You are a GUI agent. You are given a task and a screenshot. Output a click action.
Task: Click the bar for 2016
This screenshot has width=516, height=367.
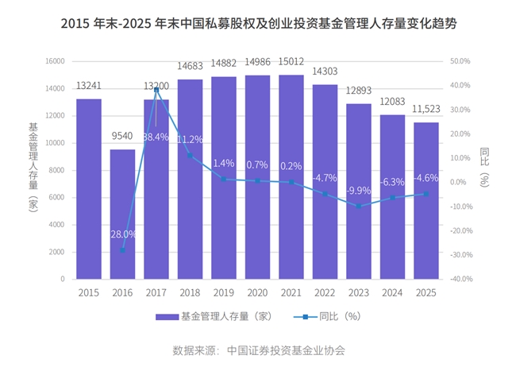122,214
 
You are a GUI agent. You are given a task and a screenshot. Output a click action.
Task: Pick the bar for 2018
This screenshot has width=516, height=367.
190,179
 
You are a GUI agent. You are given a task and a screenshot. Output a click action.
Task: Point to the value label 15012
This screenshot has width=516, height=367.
291,62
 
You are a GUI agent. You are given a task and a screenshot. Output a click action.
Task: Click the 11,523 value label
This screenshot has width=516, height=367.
426,110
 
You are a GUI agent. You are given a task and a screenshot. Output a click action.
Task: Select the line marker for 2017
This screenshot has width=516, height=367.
156,89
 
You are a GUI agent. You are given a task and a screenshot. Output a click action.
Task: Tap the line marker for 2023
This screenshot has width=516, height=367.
359,207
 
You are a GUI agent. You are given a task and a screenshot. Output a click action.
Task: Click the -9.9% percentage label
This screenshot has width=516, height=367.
359,191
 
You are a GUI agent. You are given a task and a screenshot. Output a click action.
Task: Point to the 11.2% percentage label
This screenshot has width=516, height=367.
190,139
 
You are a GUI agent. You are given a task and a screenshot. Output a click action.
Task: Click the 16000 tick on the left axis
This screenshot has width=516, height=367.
53,60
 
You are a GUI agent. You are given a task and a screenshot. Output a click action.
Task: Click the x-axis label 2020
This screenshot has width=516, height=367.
257,292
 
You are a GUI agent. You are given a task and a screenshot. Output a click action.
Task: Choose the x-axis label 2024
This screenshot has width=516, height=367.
392,292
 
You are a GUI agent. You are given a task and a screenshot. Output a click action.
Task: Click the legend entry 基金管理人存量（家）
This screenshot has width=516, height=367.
214,316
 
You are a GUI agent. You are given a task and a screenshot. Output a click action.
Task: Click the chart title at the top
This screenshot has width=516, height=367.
258,24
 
